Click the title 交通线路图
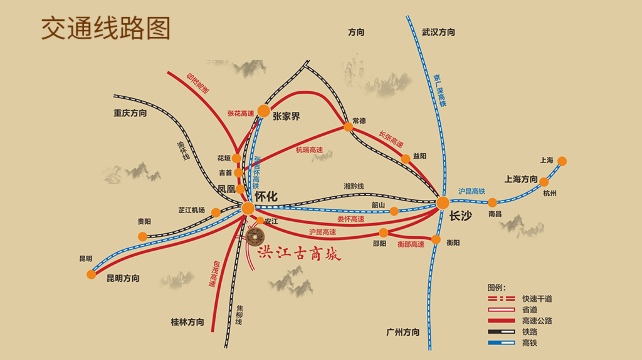106,28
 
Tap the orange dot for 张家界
263,111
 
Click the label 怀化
266,197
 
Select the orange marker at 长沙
442,203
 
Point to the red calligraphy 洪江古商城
300,253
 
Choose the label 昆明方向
130,279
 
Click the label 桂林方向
187,322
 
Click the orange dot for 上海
562,161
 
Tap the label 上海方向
521,180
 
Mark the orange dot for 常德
348,127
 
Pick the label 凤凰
226,188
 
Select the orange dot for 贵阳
143,236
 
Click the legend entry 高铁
528,343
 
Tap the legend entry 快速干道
535,298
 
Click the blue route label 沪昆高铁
472,191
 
